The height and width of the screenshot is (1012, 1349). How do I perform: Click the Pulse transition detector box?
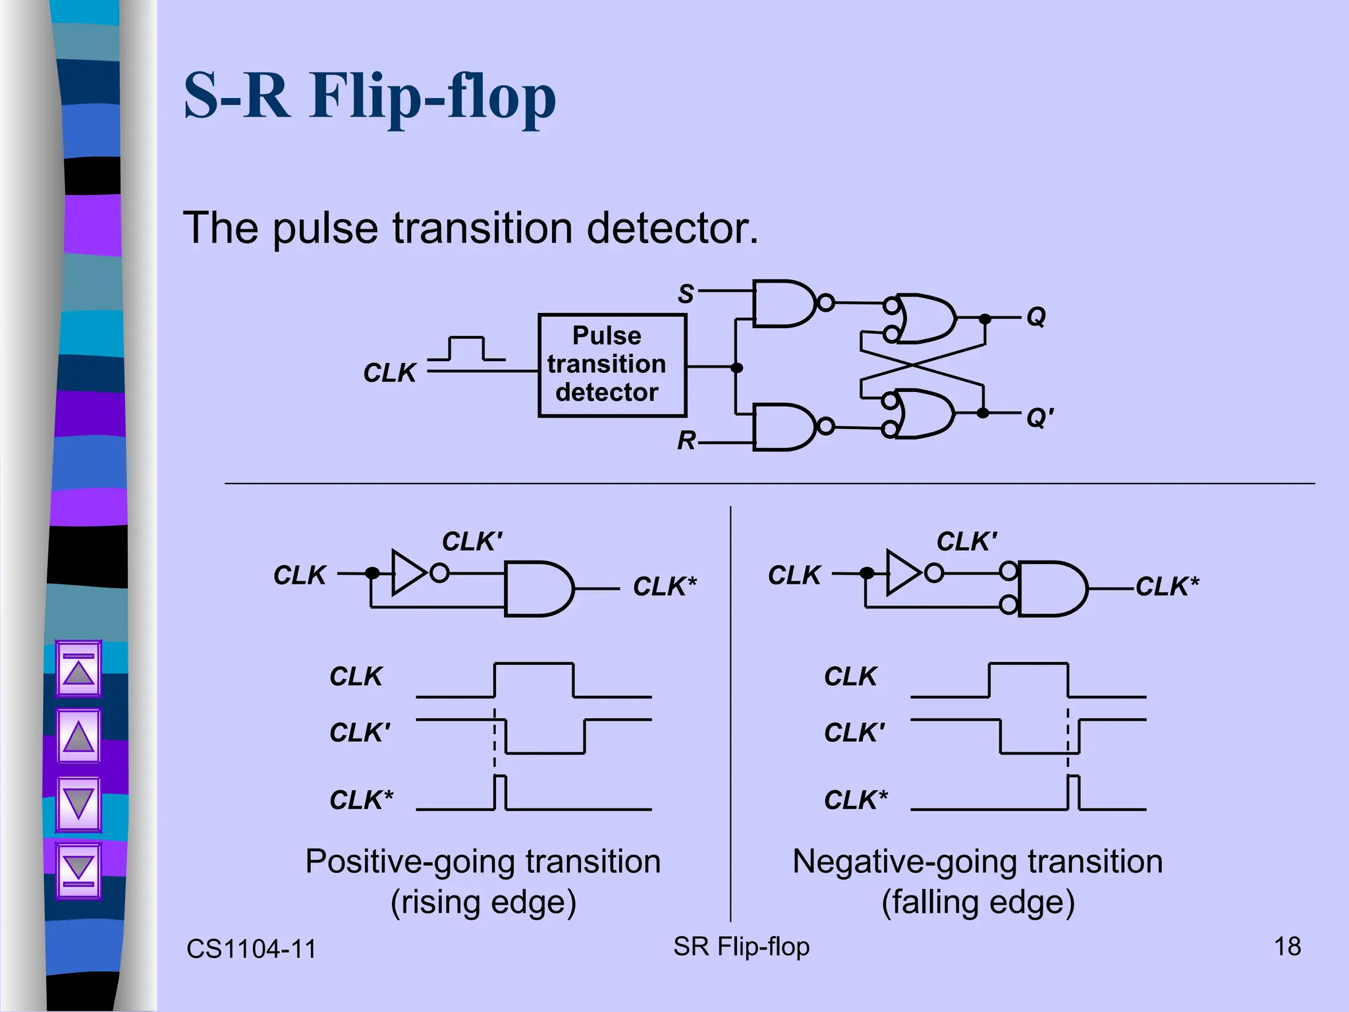click(x=612, y=365)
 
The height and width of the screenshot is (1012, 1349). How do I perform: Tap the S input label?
click(x=686, y=294)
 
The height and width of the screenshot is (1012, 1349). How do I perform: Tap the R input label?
click(x=686, y=440)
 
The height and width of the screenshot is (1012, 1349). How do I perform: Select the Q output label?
click(x=1035, y=317)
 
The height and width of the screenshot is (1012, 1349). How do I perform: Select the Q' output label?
click(x=1039, y=417)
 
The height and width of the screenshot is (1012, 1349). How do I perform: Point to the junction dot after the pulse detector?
click(x=737, y=368)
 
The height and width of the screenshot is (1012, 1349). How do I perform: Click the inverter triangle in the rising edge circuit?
click(x=407, y=573)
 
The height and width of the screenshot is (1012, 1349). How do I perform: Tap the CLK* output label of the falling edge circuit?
click(x=1167, y=586)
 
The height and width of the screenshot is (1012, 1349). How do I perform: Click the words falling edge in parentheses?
click(x=977, y=902)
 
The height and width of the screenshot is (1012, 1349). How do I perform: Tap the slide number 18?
click(x=1287, y=947)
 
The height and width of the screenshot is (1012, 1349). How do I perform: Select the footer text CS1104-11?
click(x=251, y=949)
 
